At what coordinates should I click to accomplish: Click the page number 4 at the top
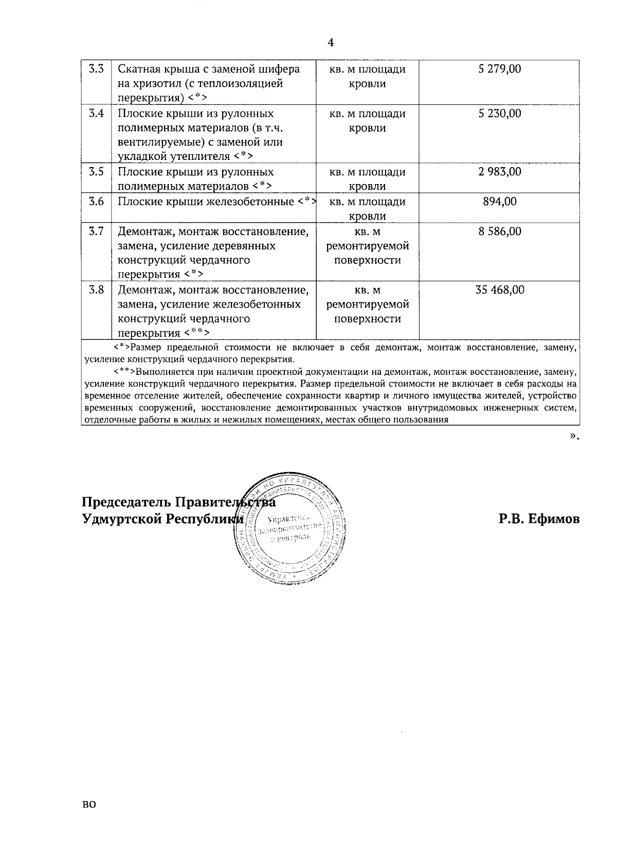pos(331,43)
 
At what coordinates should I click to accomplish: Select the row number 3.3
pos(96,69)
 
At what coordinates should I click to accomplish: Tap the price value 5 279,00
pos(499,69)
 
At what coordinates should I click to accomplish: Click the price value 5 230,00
pos(499,114)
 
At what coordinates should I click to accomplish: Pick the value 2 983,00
pos(499,172)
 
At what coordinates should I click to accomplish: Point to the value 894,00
pos(499,202)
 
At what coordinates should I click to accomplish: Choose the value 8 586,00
pos(499,231)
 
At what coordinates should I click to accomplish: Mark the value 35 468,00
pos(499,290)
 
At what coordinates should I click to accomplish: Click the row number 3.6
pos(96,202)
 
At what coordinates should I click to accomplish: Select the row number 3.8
pos(96,290)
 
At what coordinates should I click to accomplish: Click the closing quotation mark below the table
pos(572,436)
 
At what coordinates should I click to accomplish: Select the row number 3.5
pos(96,172)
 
